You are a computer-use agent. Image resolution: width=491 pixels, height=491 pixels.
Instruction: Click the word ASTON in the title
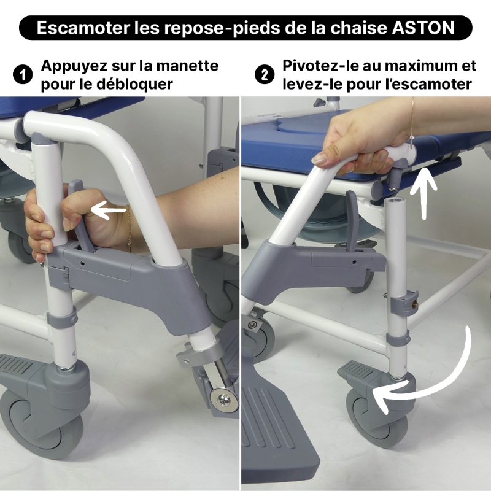pyautogui.click(x=423, y=28)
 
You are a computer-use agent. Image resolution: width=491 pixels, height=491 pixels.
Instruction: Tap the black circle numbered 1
pyautogui.click(x=23, y=75)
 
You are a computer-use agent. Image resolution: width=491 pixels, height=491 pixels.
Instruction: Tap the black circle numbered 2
pyautogui.click(x=265, y=75)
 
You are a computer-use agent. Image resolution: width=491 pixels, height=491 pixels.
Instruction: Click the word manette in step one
pyautogui.click(x=187, y=66)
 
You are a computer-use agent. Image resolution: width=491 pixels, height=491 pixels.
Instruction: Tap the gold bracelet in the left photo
pyautogui.click(x=128, y=228)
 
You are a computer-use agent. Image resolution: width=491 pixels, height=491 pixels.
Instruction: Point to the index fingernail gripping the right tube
pyautogui.click(x=320, y=158)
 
